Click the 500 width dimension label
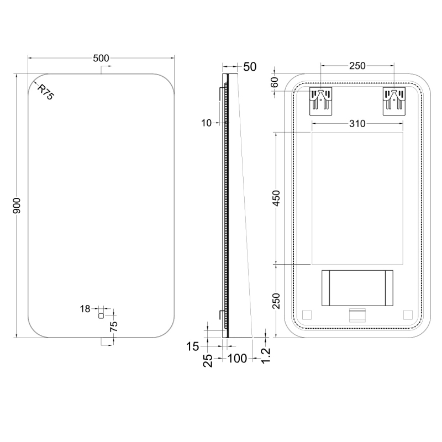coord(101,58)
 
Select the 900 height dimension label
coord(17,206)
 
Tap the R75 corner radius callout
coord(45,92)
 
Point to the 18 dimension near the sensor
coord(85,309)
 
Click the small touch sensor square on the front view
coord(101,315)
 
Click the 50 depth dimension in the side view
coord(250,67)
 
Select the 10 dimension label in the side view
coord(206,123)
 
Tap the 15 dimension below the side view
coord(192,346)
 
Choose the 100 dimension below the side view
coord(237,358)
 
